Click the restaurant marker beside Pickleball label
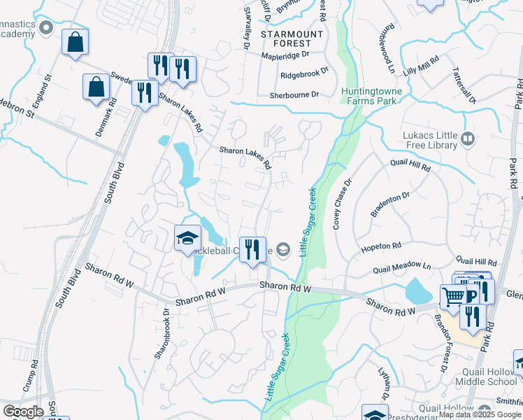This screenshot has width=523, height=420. [x=252, y=249]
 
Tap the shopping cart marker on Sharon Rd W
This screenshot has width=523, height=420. [x=453, y=297]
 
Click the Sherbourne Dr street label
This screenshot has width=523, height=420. [x=294, y=94]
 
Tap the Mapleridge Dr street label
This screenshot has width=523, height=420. [x=285, y=55]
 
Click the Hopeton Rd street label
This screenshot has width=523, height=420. [x=380, y=247]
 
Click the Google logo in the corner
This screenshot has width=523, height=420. [x=23, y=412]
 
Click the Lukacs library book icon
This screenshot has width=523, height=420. [x=468, y=142]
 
